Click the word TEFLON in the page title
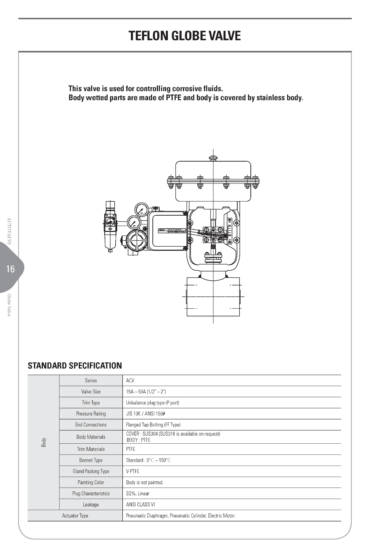149,36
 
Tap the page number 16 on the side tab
11,269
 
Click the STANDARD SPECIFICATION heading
75,366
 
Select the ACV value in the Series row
130,380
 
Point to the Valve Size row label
91,392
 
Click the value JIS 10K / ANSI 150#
145,414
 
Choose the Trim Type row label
91,403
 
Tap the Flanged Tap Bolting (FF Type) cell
153,425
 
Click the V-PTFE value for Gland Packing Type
133,471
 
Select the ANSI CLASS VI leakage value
140,505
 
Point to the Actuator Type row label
75,516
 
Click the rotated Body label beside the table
44,442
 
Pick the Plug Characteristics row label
91,494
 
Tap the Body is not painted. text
145,482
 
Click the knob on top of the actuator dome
213,158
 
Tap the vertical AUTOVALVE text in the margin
9,231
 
